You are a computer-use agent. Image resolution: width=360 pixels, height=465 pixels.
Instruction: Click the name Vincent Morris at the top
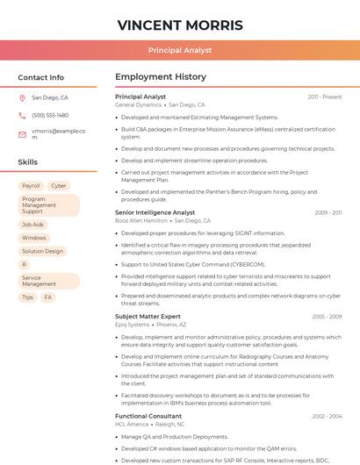pyautogui.click(x=180, y=25)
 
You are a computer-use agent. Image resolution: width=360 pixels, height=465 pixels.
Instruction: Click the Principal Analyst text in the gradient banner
pyautogui.click(x=180, y=50)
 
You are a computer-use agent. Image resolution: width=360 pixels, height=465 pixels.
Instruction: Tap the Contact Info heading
pyautogui.click(x=41, y=77)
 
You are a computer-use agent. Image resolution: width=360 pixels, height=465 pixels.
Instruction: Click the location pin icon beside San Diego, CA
pyautogui.click(x=23, y=98)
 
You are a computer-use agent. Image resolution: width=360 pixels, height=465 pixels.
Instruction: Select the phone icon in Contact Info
pyautogui.click(x=23, y=115)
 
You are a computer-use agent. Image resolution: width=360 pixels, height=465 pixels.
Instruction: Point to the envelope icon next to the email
pyautogui.click(x=23, y=134)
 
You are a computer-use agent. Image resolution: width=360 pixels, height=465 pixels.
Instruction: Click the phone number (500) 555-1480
pyautogui.click(x=50, y=115)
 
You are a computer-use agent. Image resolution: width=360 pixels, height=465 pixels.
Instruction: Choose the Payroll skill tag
pyautogui.click(x=31, y=186)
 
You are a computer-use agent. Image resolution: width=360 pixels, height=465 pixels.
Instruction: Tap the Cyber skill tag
pyautogui.click(x=59, y=186)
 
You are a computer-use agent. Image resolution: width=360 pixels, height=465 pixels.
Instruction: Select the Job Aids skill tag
pyautogui.click(x=32, y=225)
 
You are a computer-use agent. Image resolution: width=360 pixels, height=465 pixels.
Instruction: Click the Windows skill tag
pyautogui.click(x=34, y=238)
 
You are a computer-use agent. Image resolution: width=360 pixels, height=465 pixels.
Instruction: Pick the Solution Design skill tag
pyautogui.click(x=43, y=251)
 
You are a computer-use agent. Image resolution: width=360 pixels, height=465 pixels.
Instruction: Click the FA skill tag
pyautogui.click(x=48, y=297)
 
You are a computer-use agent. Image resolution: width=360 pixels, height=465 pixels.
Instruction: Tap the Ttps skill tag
pyautogui.click(x=28, y=297)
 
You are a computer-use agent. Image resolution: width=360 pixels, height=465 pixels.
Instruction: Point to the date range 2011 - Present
pyautogui.click(x=325, y=97)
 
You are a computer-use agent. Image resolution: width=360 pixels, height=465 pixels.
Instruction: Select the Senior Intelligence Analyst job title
pyautogui.click(x=155, y=212)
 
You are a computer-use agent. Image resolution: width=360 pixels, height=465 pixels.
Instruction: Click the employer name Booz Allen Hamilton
pyautogui.click(x=141, y=221)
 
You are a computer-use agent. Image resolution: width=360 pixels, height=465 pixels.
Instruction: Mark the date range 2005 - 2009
pyautogui.click(x=327, y=317)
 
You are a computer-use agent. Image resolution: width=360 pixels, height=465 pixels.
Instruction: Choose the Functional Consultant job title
pyautogui.click(x=148, y=416)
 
